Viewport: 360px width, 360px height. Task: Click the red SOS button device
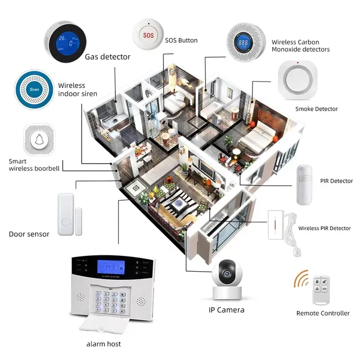[x=148, y=34]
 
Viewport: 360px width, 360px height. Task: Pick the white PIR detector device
[x=306, y=185]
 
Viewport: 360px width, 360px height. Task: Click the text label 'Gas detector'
[x=107, y=57]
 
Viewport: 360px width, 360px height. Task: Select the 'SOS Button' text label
[x=181, y=40]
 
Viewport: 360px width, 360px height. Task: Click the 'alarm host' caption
[x=103, y=344]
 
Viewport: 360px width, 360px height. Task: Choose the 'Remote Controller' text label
[x=323, y=313]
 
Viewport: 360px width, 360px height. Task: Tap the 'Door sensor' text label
[x=29, y=234]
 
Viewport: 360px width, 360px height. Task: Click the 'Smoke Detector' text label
[x=317, y=109]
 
